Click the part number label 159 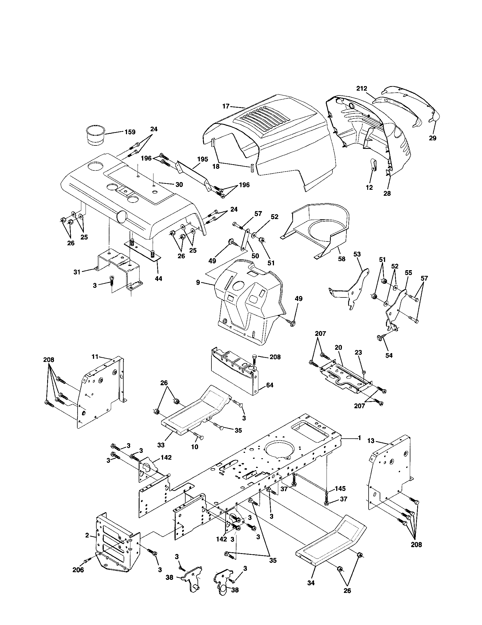coord(130,132)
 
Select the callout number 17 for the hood coord(226,106)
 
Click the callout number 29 coord(433,138)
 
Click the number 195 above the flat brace coord(202,159)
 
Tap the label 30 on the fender coord(179,185)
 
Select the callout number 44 coord(158,278)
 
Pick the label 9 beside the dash coord(198,283)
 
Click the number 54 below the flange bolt coord(389,355)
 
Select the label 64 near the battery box coord(269,385)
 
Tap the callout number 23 coord(358,353)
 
